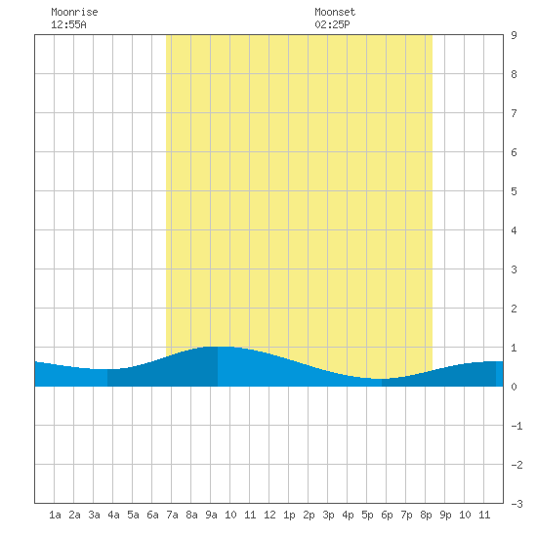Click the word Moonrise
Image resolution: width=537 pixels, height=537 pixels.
[74, 12]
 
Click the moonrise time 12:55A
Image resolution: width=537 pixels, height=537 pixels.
[68, 24]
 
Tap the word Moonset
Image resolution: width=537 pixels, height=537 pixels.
[335, 12]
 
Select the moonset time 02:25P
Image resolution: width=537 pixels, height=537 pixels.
[332, 24]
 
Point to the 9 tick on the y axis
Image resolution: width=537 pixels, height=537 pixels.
[514, 35]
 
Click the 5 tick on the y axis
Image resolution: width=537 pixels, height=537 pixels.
[514, 191]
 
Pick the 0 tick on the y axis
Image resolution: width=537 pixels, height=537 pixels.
[514, 387]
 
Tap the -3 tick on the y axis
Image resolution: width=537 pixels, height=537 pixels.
[516, 504]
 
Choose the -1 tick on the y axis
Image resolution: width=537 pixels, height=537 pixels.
[516, 426]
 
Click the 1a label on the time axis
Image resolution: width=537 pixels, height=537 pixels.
[55, 515]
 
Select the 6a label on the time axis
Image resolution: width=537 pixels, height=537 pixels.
[152, 515]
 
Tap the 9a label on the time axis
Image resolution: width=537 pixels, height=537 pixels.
[211, 515]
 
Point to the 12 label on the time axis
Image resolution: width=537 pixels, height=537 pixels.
[269, 515]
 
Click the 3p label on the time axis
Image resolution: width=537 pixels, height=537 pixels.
[328, 515]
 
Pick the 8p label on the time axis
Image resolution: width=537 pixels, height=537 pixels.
[426, 515]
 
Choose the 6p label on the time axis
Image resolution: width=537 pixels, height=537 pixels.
[387, 515]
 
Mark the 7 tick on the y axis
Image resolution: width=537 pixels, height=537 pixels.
[514, 113]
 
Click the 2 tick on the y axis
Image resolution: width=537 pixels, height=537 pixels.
[514, 309]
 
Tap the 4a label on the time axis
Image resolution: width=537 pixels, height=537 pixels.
[113, 515]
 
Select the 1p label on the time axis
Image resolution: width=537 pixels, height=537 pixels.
[289, 515]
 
